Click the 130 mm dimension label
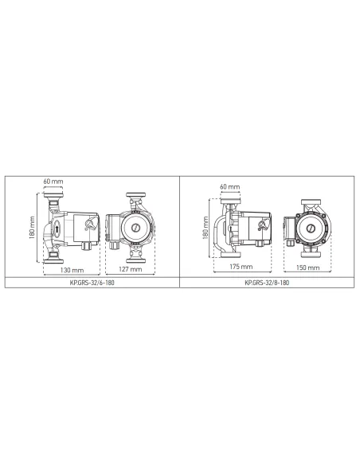click(x=72, y=270)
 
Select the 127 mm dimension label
click(x=131, y=269)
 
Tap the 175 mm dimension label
click(x=241, y=267)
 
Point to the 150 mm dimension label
click(x=307, y=268)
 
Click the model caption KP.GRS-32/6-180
click(x=92, y=283)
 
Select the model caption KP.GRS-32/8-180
click(x=267, y=283)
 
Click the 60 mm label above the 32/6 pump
click(x=53, y=182)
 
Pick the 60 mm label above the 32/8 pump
click(x=230, y=187)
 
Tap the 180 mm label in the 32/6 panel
click(x=33, y=228)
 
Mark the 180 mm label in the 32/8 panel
click(x=205, y=228)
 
